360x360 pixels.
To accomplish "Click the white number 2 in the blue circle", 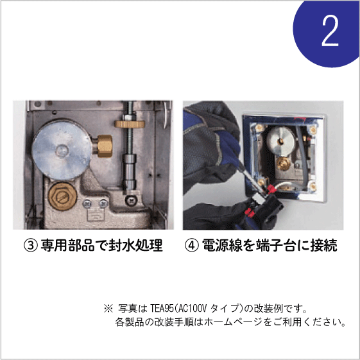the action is [330, 31].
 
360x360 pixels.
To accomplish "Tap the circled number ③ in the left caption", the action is [30, 245].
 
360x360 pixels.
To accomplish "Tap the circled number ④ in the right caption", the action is [191, 245].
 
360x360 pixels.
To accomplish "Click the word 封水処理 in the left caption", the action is [135, 245].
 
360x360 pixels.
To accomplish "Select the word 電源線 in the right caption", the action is [222, 245].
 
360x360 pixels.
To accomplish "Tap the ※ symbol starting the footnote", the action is [108, 308].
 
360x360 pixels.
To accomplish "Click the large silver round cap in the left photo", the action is [62, 150].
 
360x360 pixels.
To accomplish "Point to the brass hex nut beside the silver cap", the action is [105, 146].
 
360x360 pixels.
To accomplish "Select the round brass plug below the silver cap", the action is [62, 196].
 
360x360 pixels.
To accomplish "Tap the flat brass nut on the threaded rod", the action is [130, 124].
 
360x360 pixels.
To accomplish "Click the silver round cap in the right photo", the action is [280, 141].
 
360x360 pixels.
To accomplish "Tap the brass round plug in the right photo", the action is [283, 164].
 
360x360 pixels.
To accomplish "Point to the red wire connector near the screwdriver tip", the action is [271, 189].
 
